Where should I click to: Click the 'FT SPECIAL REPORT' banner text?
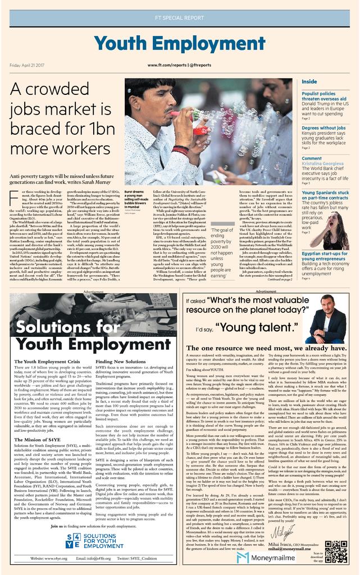(179, 18)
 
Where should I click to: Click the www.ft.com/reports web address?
(179, 66)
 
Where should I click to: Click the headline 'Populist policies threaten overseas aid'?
(323, 97)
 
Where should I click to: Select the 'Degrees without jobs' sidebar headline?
(323, 128)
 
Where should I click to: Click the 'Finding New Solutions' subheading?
(121, 362)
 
